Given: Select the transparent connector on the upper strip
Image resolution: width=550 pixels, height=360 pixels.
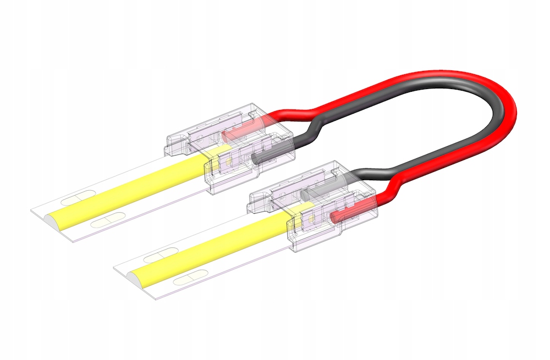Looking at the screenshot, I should [x=231, y=148].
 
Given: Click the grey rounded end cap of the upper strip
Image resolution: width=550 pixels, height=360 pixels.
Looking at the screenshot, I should [x=56, y=219].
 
